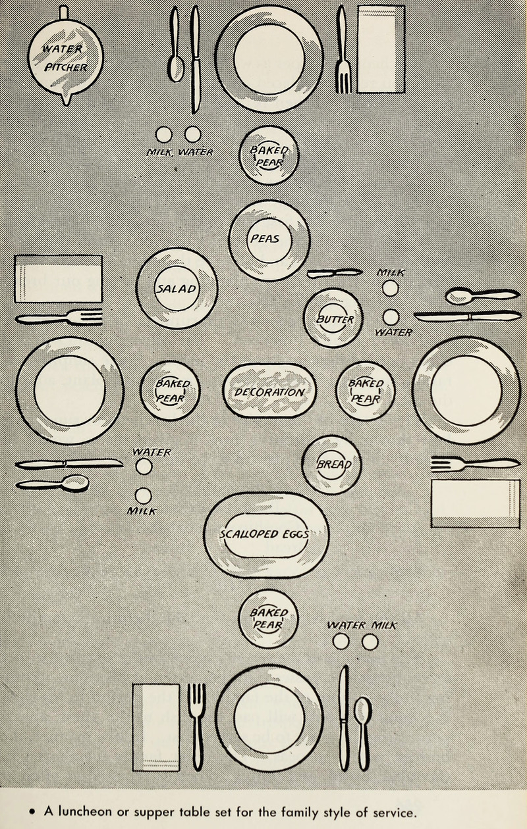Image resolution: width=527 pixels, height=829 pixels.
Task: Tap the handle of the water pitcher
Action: [63, 12]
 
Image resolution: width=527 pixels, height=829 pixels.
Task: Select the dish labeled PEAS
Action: [269, 239]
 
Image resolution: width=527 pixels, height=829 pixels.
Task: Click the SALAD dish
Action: [177, 288]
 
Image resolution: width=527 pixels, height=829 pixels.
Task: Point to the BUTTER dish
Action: [333, 318]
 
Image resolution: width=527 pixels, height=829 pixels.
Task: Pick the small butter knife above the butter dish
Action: [334, 272]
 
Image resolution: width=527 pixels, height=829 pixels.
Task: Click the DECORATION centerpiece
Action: [269, 391]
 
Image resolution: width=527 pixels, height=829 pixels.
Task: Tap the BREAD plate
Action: [331, 464]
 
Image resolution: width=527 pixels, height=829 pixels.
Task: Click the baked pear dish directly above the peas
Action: [269, 155]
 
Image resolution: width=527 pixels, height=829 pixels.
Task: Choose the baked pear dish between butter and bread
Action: [365, 391]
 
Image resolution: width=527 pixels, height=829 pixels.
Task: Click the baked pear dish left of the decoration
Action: [170, 391]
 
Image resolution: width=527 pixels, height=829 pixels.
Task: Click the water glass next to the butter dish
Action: [391, 317]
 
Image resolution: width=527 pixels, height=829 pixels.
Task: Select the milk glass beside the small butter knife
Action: [390, 288]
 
